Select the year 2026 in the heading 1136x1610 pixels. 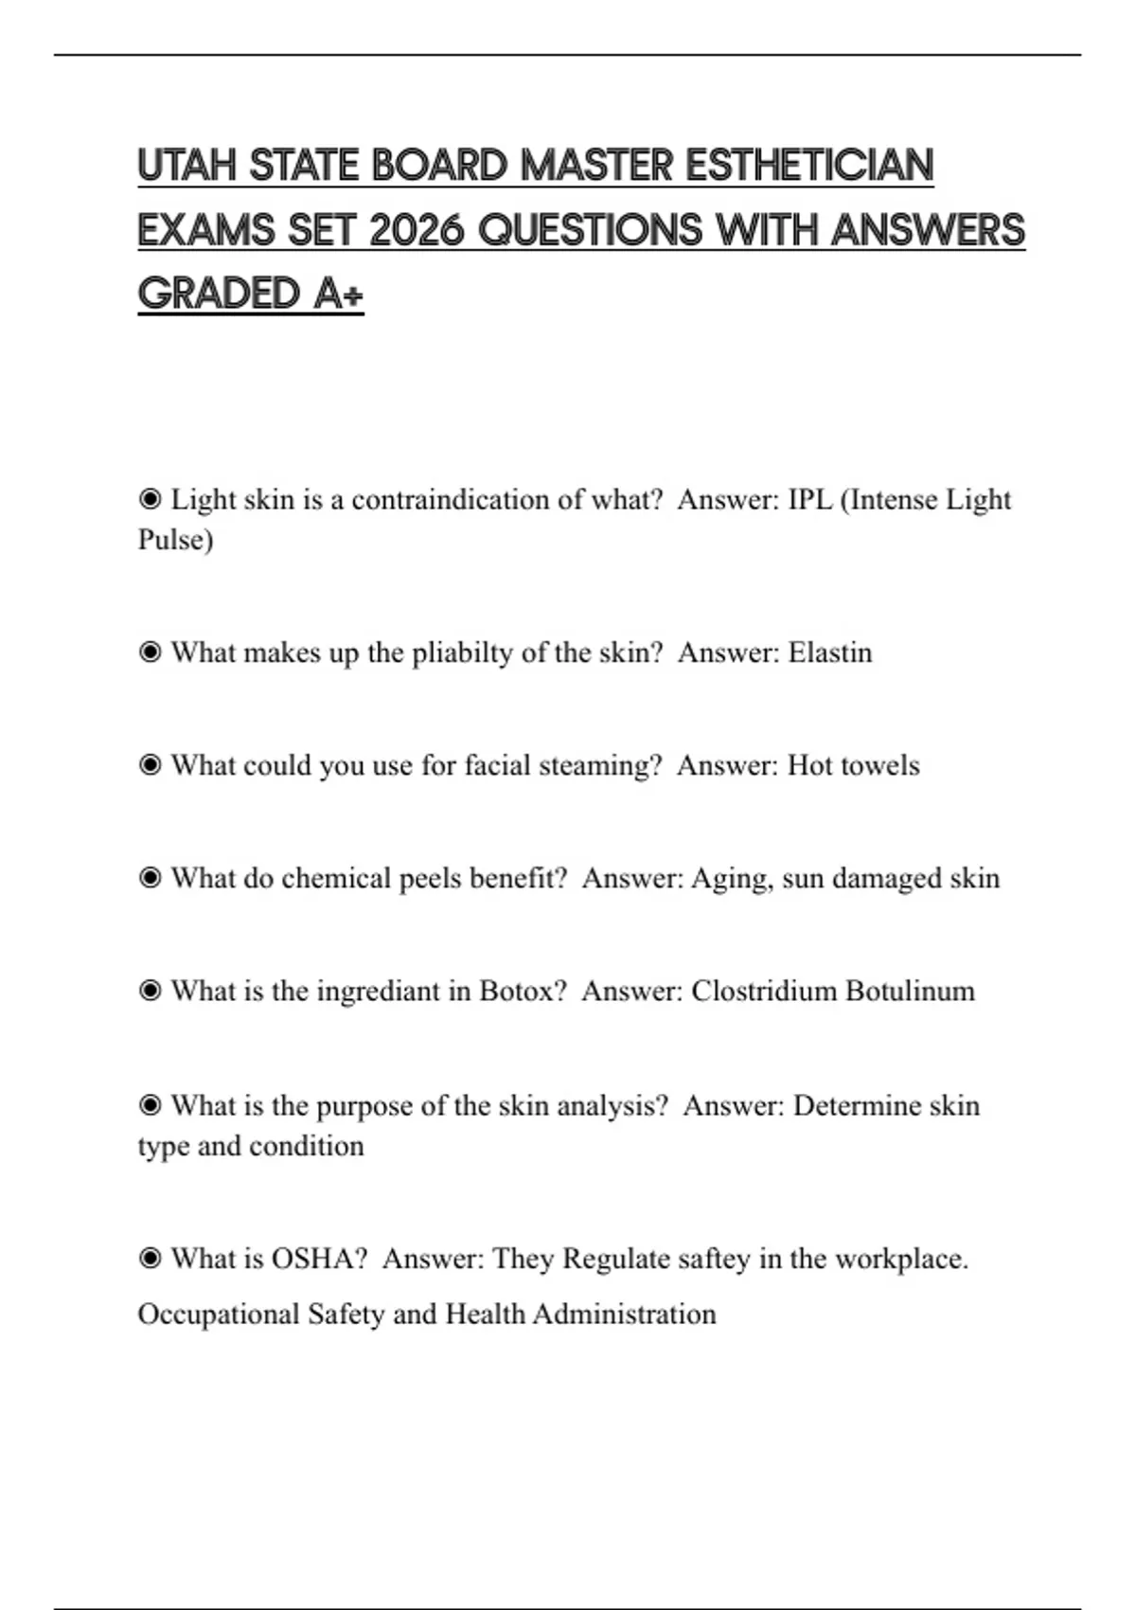pos(417,230)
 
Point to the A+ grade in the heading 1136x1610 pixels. pos(338,294)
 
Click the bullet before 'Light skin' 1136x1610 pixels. pos(150,499)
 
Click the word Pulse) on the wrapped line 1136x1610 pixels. pos(176,540)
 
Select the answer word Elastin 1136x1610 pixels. pos(830,653)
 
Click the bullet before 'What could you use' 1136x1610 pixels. pos(150,765)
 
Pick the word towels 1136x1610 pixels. pos(883,765)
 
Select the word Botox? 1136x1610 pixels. pos(524,991)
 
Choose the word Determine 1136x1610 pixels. pos(856,1105)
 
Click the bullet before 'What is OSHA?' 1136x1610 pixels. pos(150,1259)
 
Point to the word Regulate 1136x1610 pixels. pos(616,1259)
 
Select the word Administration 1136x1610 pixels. pos(624,1315)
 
